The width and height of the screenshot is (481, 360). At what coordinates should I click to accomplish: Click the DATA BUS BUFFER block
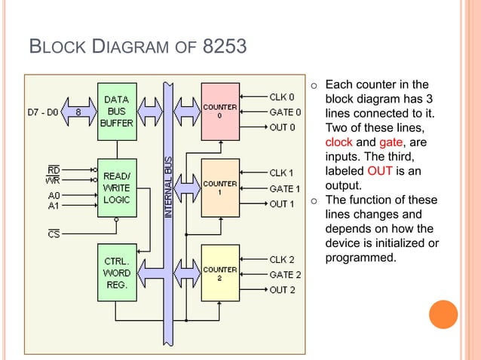point(117,111)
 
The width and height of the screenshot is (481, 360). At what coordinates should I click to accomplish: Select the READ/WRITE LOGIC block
point(117,188)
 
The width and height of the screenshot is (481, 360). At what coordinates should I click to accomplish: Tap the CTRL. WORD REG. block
point(117,273)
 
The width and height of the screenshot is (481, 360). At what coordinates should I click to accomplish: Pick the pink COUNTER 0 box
point(220,111)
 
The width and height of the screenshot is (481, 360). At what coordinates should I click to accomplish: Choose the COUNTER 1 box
point(220,188)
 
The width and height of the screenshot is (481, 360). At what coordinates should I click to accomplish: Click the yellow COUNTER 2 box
point(220,273)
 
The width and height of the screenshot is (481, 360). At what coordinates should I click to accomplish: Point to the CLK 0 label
point(282,97)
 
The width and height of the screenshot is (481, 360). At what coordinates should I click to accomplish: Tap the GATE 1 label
point(285,189)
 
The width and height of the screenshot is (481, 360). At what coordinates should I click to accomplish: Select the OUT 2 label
point(282,290)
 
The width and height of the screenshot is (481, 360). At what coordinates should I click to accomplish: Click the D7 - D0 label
point(43,112)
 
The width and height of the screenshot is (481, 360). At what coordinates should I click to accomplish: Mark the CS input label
point(54,234)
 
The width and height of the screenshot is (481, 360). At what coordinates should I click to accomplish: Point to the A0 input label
point(54,196)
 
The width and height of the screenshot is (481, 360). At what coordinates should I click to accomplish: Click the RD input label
point(54,169)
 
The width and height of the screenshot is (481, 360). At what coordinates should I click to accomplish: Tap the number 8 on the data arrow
point(78,112)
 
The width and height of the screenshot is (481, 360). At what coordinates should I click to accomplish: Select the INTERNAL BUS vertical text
point(168,188)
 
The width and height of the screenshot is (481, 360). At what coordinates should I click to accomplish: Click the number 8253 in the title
point(225,46)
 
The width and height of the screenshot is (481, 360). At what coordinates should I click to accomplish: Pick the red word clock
point(339,142)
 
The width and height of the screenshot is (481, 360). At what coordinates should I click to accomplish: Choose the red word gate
point(391,142)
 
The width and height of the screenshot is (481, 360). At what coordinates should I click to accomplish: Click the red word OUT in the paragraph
point(380,171)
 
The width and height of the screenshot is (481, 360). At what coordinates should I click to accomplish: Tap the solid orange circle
point(443,314)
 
